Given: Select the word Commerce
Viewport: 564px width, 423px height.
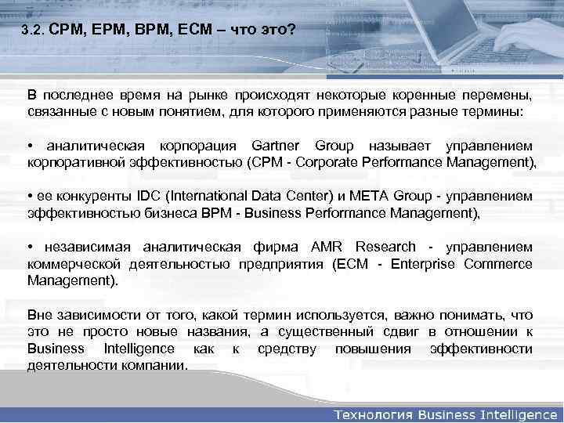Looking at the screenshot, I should point(501,263).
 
